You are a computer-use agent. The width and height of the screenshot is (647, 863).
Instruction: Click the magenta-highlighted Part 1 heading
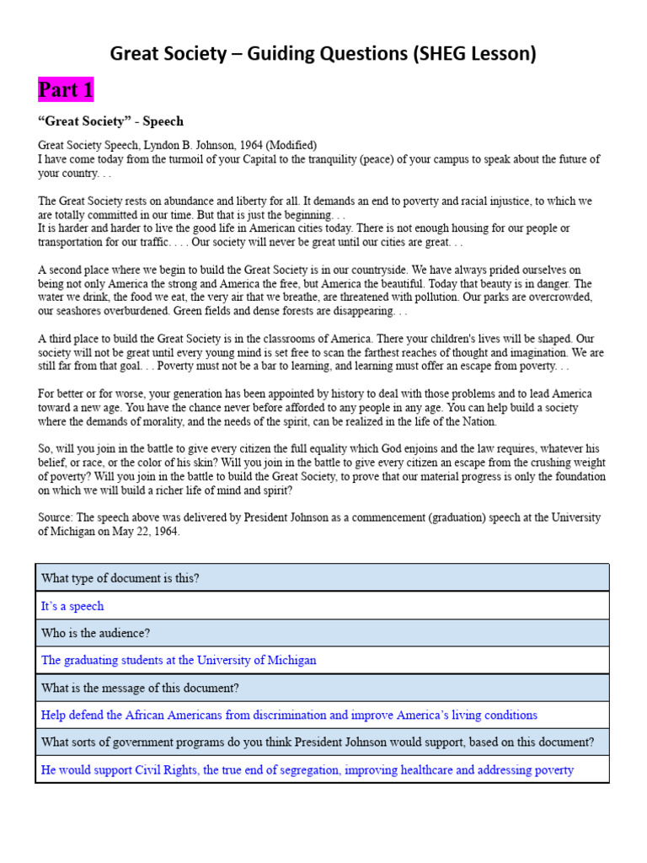pos(66,89)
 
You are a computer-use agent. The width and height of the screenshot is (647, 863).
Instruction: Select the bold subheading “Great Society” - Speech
pos(110,121)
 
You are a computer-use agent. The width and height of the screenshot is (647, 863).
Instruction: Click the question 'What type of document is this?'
pos(120,578)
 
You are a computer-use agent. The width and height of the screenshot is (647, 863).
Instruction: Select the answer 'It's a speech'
pos(72,606)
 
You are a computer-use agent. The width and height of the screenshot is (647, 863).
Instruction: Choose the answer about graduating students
pos(179,660)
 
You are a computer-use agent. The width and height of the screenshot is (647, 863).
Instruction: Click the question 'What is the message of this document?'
pos(140,688)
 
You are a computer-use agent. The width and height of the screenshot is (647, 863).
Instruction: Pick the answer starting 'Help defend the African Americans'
pos(289,715)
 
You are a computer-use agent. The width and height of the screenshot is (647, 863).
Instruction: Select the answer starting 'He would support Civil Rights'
pos(307,769)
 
